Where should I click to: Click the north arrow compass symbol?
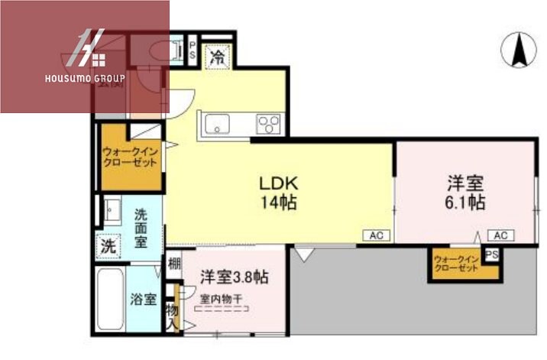[518, 50]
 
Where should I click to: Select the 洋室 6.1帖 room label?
[466, 193]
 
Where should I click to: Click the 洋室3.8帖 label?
[234, 277]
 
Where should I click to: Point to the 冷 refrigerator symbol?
[217, 56]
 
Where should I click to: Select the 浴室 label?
[143, 299]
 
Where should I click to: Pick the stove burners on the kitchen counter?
[268, 124]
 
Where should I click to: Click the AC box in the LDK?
[376, 235]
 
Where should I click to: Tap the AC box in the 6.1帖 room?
[501, 235]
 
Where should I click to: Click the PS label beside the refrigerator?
[193, 51]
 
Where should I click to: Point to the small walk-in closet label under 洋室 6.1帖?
[456, 263]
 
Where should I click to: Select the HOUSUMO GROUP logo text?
[85, 78]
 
